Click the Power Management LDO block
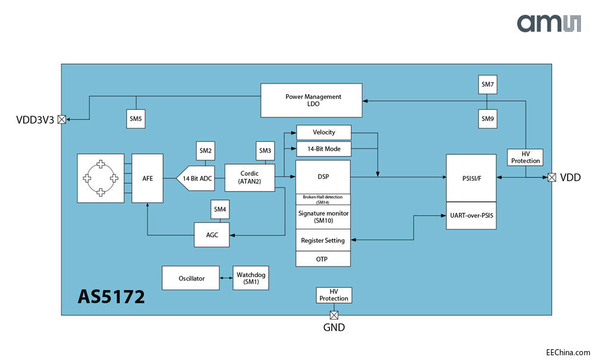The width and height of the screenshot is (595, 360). tap(311, 100)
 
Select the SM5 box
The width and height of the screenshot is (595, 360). tap(135, 119)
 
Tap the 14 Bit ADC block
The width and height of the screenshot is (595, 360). tap(195, 178)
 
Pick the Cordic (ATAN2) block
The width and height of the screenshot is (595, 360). tap(250, 178)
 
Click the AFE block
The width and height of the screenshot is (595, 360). tap(147, 178)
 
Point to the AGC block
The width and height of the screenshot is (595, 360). tap(212, 235)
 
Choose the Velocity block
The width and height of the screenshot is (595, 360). tap(323, 132)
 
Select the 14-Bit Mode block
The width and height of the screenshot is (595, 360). tap(323, 148)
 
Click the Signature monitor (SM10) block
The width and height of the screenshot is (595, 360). tap(323, 216)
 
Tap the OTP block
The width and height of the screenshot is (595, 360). tap(323, 259)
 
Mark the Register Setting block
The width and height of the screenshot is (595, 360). tap(323, 240)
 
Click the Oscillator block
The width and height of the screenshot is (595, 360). tap(191, 278)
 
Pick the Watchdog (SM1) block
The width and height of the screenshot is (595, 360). tap(251, 278)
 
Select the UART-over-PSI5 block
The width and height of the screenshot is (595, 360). tap(471, 216)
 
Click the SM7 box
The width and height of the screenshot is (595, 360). tap(488, 85)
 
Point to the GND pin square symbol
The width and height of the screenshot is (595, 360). tap(334, 315)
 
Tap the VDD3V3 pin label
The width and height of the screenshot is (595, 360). tap(35, 120)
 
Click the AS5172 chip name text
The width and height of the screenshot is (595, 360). tap(111, 296)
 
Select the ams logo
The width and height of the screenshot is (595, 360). tap(547, 23)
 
